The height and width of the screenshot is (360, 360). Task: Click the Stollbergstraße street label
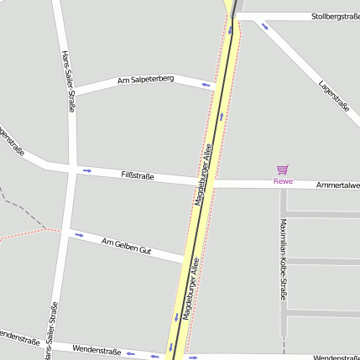point(335,16)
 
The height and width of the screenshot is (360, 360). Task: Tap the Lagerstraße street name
point(334,95)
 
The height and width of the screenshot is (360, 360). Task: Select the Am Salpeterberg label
point(146,79)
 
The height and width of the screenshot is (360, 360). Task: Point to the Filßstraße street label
point(138,175)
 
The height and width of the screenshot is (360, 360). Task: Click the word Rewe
point(283,180)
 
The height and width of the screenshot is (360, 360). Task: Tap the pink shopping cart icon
point(283,170)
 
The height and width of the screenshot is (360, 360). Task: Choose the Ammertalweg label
point(337,185)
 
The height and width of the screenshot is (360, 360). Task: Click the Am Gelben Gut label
point(126,246)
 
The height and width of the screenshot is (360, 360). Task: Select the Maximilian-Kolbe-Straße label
point(283,259)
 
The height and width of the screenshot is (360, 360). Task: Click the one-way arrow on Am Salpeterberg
point(206,84)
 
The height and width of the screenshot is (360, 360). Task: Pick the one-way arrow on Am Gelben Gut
point(79,235)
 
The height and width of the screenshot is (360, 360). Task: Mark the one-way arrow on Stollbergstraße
point(265,26)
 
